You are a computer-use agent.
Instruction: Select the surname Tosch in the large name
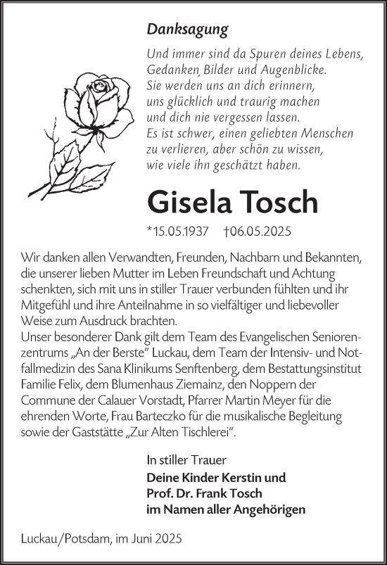point(279,202)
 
